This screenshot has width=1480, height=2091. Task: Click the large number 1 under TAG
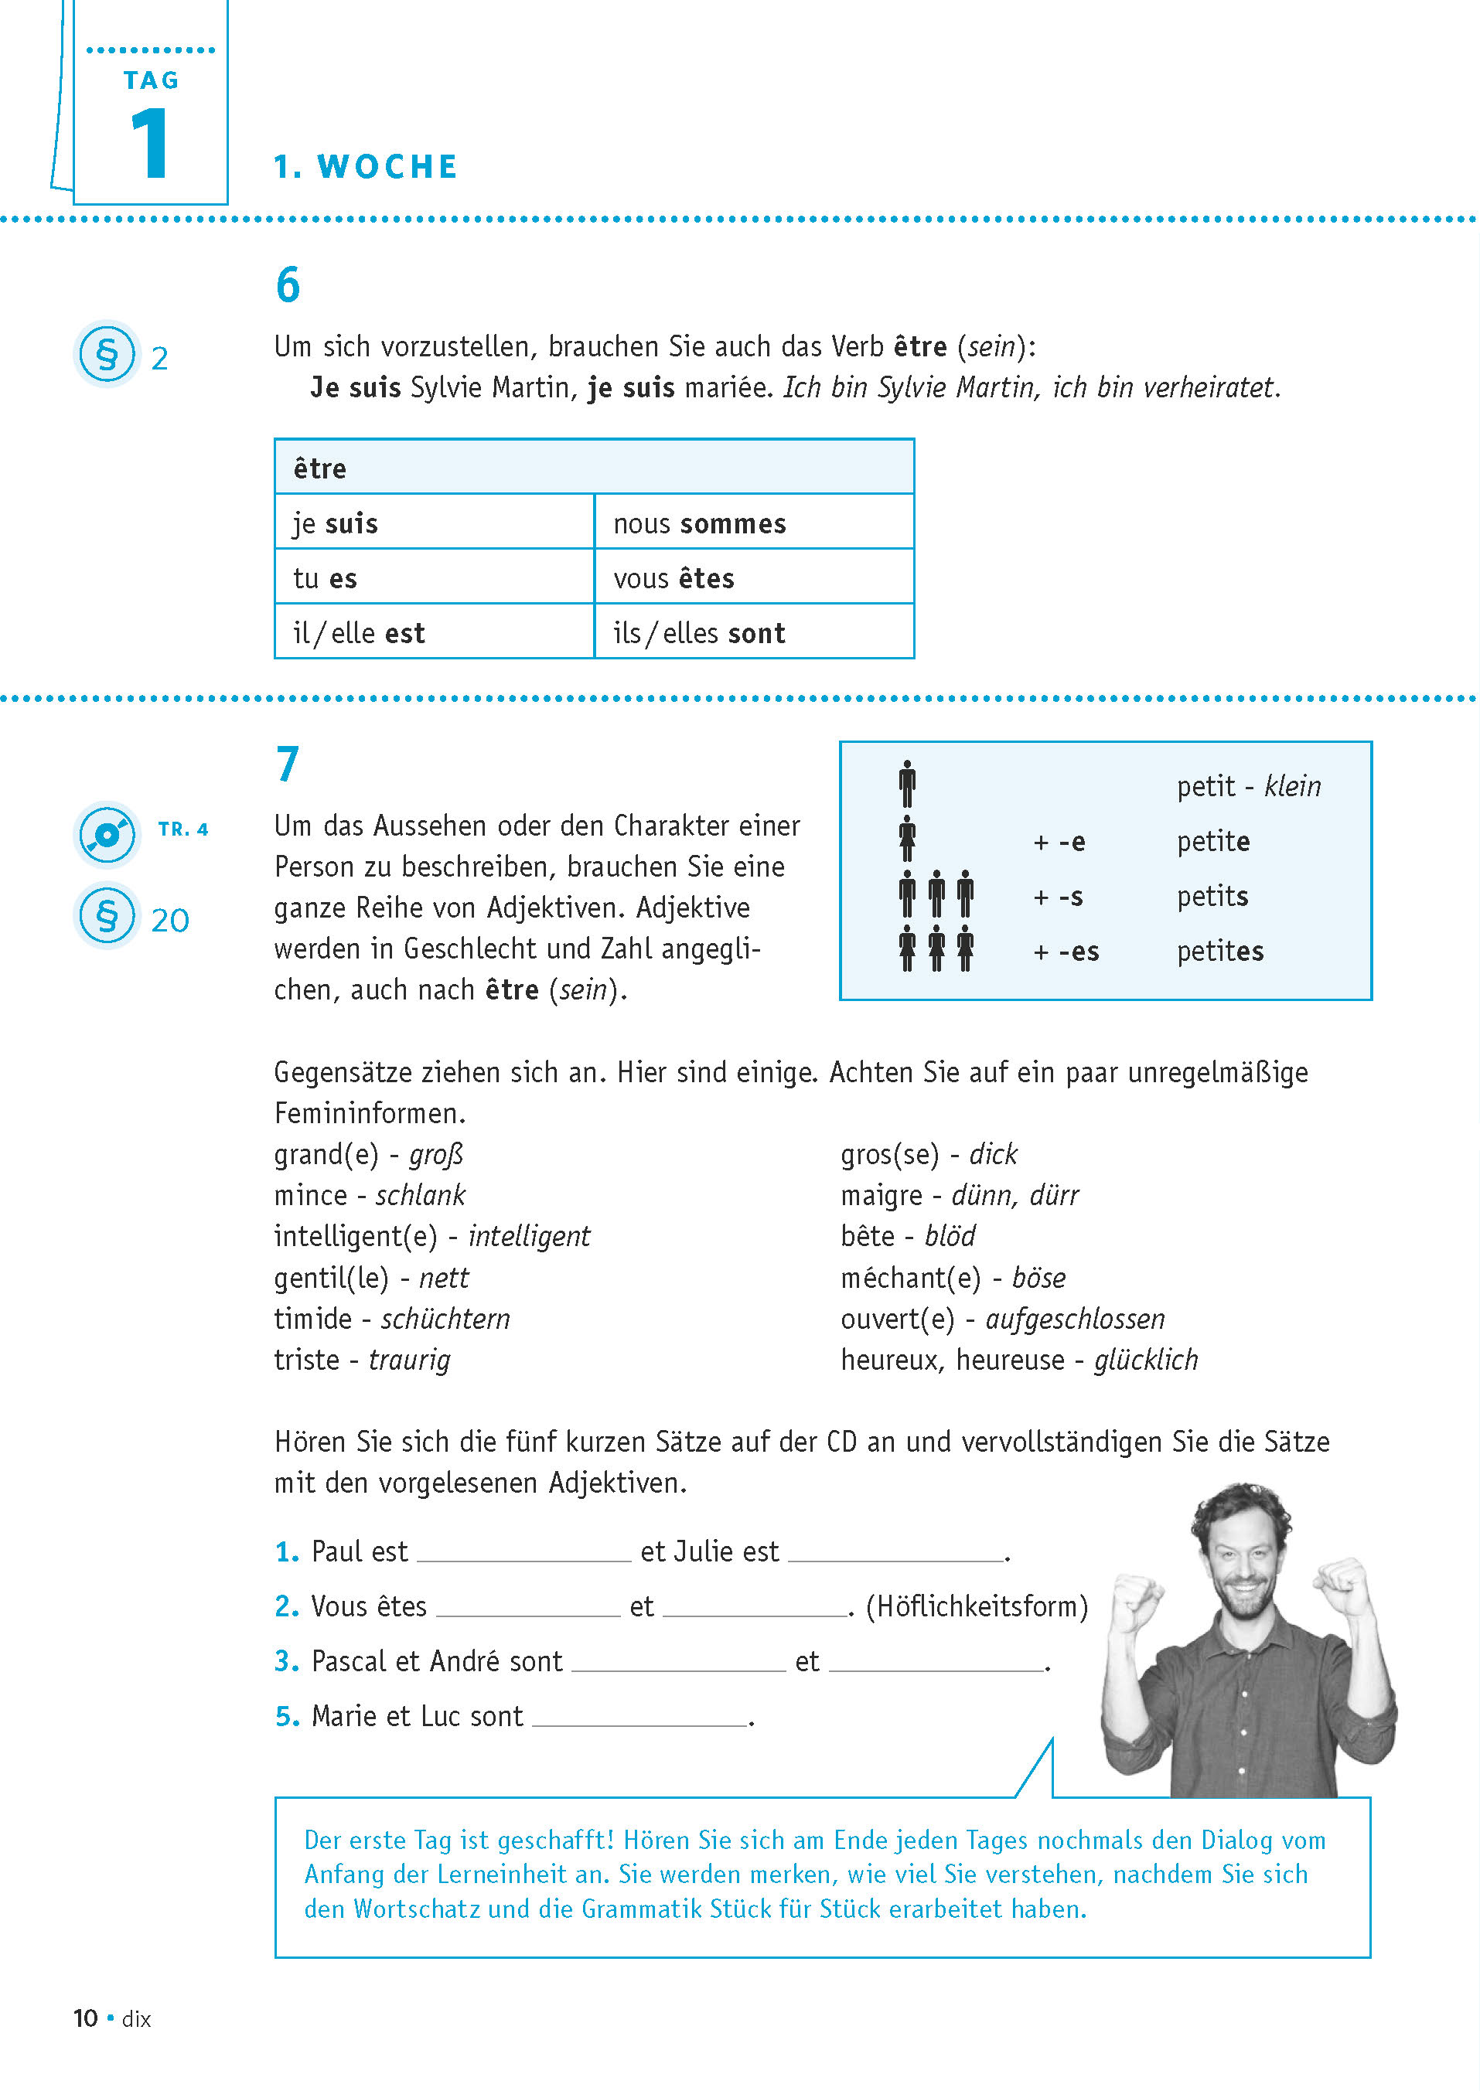(x=150, y=143)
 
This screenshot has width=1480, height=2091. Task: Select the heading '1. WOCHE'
(x=366, y=167)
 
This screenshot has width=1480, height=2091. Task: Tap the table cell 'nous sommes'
(x=699, y=524)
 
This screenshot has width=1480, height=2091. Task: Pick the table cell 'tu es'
(x=326, y=578)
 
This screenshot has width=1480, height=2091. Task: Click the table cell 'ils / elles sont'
(x=699, y=633)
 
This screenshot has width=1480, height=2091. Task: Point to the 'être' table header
(x=320, y=468)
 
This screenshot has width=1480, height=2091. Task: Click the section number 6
(x=288, y=284)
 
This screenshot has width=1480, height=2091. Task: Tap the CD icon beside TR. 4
(x=107, y=833)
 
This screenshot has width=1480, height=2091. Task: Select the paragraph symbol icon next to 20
(x=107, y=916)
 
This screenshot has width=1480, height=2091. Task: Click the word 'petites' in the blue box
(x=1219, y=952)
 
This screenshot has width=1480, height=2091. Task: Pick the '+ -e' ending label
(x=1059, y=842)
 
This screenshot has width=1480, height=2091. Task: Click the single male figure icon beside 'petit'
(x=907, y=784)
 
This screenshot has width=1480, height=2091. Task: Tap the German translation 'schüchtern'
(x=445, y=1320)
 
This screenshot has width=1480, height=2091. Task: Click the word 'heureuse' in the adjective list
(x=1010, y=1361)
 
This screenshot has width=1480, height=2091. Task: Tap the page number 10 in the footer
(x=86, y=2018)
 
